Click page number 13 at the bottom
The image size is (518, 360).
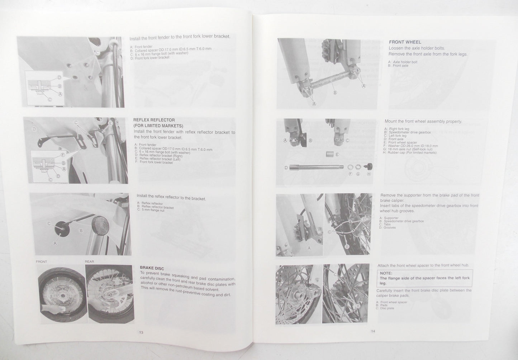point(141,332)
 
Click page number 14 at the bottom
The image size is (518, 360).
point(373,331)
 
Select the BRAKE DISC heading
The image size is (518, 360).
point(152,267)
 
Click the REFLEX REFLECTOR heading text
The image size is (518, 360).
point(154,120)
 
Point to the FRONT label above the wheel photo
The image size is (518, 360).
point(42,262)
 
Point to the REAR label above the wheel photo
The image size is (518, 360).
point(89,261)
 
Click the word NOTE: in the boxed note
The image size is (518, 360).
point(386,273)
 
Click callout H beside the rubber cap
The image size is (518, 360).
point(369,174)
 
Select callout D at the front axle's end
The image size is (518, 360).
point(286,167)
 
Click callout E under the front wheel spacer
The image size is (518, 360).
point(337,154)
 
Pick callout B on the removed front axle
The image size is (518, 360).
point(335,93)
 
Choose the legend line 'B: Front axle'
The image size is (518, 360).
point(400,66)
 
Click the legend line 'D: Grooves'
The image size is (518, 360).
point(388,227)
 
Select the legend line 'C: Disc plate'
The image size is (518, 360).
point(385,308)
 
